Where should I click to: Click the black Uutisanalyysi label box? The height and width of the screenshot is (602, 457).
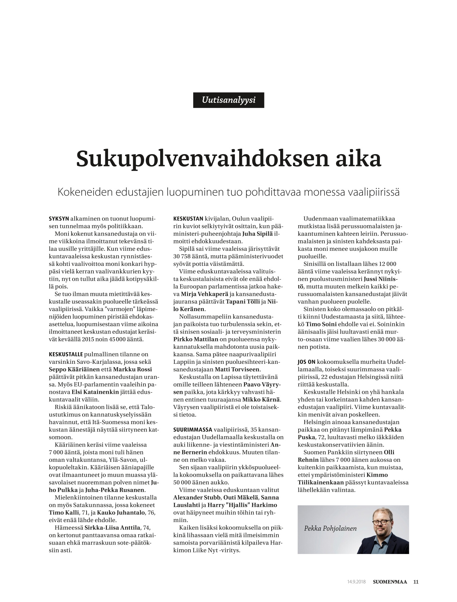pos(228,100)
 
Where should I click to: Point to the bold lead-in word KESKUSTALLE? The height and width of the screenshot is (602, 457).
pos(66,354)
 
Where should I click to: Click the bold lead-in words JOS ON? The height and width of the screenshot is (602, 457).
pos(306,362)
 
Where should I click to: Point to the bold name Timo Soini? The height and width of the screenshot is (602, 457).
pos(318,324)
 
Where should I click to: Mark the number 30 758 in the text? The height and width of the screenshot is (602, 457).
pos(184,256)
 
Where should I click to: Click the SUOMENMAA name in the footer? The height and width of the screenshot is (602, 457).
pos(390,582)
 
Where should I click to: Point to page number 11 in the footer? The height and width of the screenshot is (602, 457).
pos(416,582)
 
